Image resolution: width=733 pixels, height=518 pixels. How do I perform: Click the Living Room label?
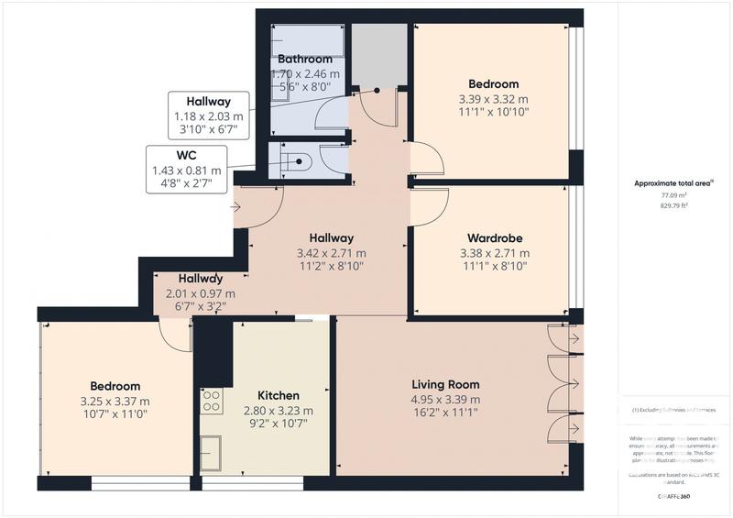tap(445, 384)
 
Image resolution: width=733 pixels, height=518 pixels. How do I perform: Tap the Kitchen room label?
tap(279, 396)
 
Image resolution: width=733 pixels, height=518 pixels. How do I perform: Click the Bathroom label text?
tap(305, 60)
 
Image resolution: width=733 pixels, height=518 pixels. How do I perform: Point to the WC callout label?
tap(186, 156)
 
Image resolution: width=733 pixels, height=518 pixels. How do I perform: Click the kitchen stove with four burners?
tap(211, 401)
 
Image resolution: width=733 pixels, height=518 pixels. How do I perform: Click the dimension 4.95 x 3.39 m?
tap(445, 400)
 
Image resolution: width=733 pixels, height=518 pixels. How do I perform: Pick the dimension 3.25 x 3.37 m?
tap(115, 402)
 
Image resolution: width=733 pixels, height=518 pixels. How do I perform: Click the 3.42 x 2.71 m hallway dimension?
tap(331, 253)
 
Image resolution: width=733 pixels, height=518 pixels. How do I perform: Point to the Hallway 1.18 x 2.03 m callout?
tap(208, 102)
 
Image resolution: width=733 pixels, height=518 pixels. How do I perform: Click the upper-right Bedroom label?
tap(494, 84)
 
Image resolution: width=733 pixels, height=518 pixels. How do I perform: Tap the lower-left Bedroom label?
tap(115, 386)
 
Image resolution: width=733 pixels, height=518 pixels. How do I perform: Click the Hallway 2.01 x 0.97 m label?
tap(200, 279)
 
